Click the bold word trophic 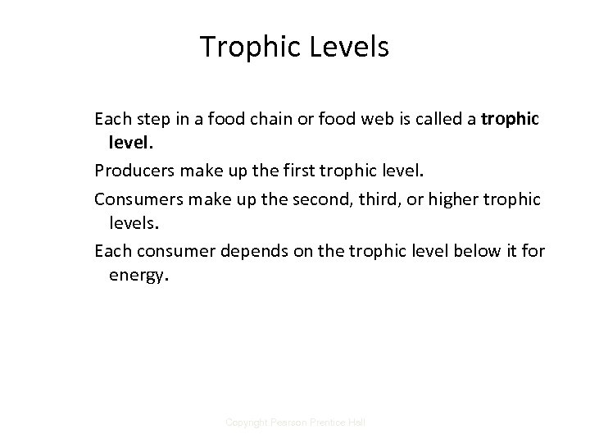tap(511, 120)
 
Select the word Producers tap(134, 171)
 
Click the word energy tap(138, 276)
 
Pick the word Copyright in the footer tap(246, 422)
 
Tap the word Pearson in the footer tap(288, 422)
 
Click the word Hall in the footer tap(357, 422)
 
